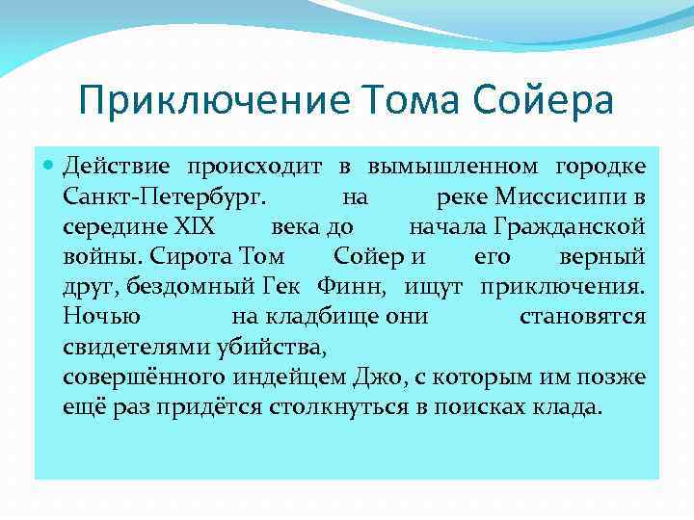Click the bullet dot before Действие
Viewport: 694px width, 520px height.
click(x=50, y=167)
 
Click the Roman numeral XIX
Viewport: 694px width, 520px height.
click(x=196, y=227)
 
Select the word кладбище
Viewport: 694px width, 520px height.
click(x=320, y=317)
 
